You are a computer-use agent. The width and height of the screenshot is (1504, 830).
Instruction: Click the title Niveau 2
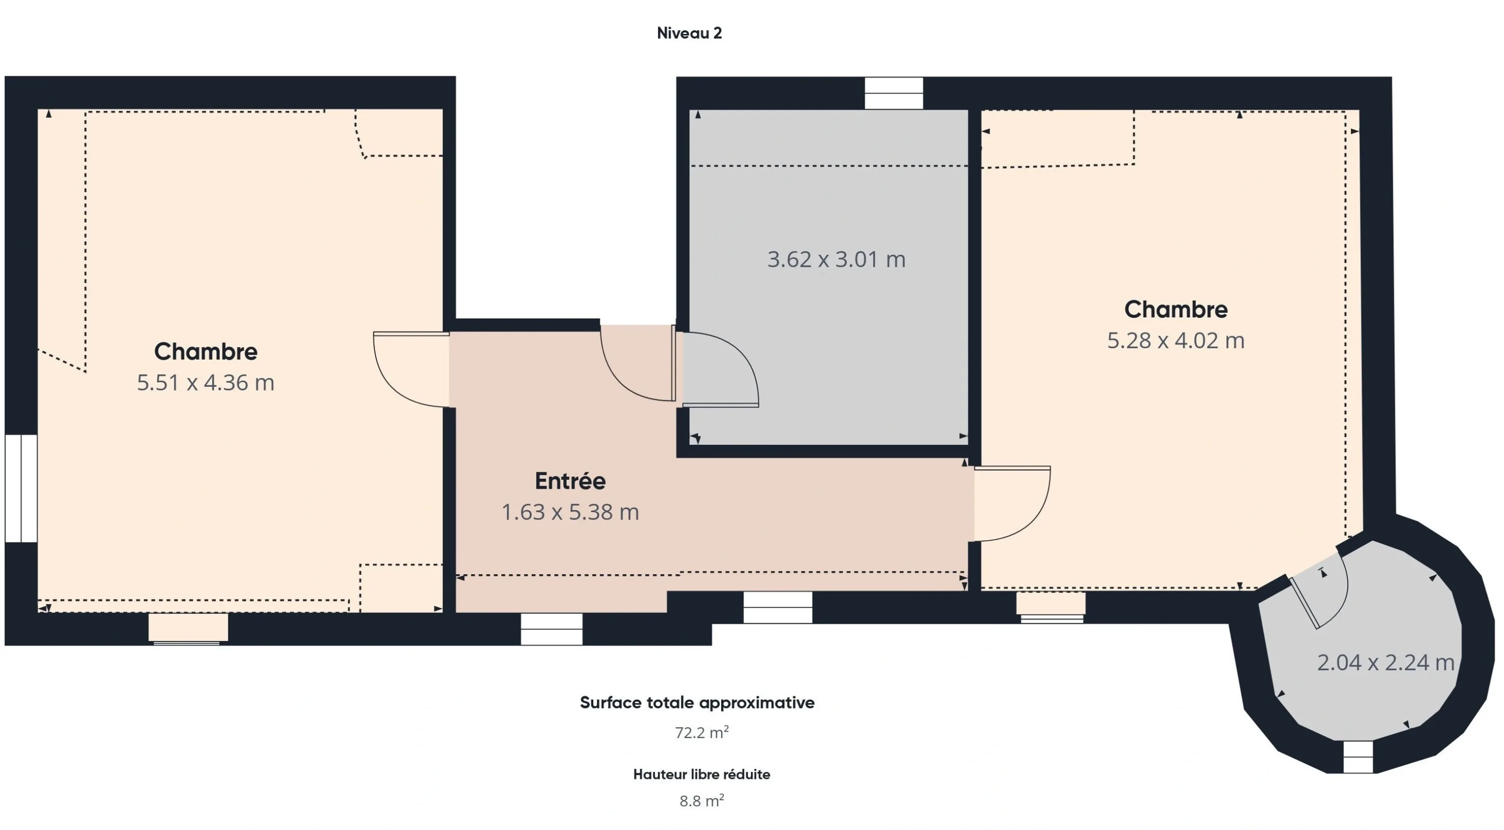coord(689,33)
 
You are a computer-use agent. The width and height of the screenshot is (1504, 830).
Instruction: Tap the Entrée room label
coord(570,481)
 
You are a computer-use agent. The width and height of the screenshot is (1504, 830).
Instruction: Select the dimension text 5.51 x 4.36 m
coord(206,382)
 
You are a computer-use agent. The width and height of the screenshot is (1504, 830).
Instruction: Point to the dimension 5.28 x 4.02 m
coord(1176,340)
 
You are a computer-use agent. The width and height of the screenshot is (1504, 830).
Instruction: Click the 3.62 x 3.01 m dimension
coord(836,259)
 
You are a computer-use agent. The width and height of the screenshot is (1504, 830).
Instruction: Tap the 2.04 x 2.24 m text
coord(1385,662)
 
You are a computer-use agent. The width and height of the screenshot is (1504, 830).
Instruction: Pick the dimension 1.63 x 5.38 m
coord(570,512)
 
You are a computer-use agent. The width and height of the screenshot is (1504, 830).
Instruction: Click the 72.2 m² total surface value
coord(702,732)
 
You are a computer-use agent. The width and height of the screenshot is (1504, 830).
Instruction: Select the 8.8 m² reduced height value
coord(702,800)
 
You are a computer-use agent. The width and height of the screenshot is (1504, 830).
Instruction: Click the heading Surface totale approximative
coord(697,703)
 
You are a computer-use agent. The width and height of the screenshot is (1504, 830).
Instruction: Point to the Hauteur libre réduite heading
coord(702,775)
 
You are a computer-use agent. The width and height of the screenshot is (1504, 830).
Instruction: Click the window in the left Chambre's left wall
coord(21,489)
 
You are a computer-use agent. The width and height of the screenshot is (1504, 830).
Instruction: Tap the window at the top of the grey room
coord(894,93)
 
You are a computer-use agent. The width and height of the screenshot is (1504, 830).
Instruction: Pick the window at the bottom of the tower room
coord(1358,757)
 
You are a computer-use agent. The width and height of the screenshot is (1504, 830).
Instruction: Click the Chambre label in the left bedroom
coord(206,351)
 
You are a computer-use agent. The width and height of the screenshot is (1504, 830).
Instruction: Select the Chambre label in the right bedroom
coord(1176,310)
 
